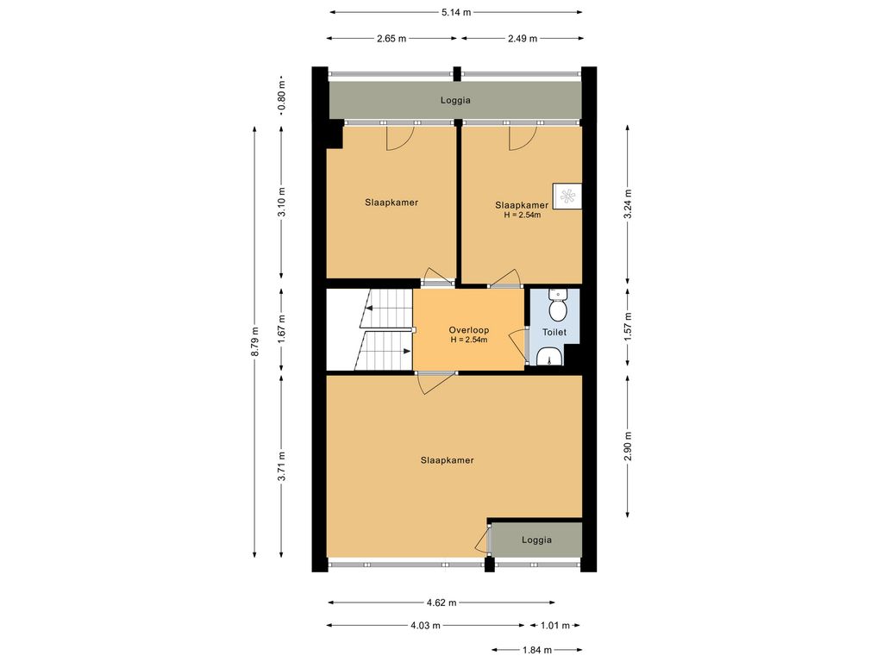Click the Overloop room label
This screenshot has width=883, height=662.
[x=468, y=330]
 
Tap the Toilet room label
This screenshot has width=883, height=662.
[x=554, y=332]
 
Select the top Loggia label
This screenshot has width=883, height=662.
[x=455, y=101]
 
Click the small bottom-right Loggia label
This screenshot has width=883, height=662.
[x=536, y=540]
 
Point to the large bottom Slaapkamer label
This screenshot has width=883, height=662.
[x=447, y=460]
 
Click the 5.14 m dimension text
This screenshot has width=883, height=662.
[x=455, y=12]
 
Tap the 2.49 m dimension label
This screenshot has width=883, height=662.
[x=522, y=38]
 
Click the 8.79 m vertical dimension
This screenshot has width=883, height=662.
[x=254, y=342]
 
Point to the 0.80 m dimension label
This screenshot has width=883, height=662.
[x=281, y=99]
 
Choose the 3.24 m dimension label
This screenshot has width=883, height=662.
[x=628, y=204]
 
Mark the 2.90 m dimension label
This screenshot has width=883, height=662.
[x=628, y=446]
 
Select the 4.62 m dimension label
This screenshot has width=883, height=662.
[x=441, y=603]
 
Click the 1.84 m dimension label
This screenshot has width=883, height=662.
[x=536, y=650]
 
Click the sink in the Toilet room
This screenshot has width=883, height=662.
[x=549, y=356]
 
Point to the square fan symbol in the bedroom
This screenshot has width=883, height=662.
[x=567, y=197]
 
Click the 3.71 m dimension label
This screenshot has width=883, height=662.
[x=281, y=466]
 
